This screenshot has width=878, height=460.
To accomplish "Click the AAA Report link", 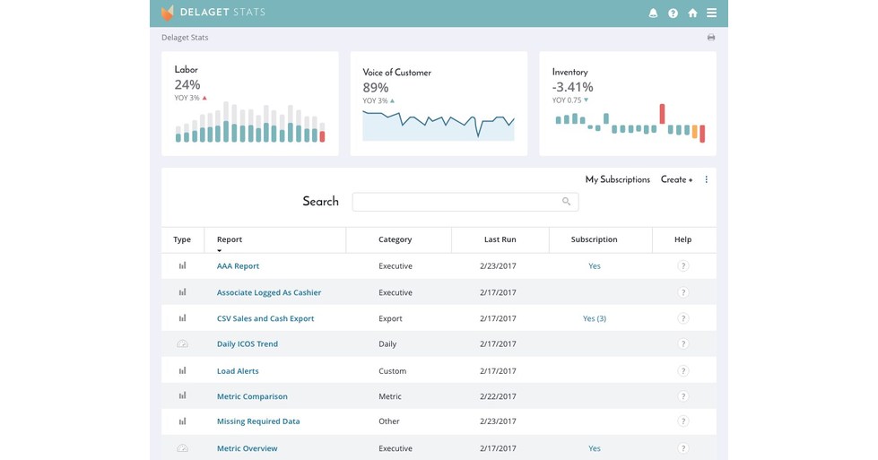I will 238,266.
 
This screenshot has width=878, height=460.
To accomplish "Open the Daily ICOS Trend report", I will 248,344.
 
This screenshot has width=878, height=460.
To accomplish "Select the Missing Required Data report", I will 258,421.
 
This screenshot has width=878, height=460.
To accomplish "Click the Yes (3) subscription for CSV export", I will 595,318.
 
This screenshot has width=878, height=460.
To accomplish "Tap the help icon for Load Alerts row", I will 683,371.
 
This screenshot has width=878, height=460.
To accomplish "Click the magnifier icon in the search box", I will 567,202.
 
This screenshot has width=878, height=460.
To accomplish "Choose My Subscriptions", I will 617,179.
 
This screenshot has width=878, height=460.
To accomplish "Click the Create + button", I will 676,179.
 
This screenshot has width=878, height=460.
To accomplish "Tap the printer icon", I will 711,38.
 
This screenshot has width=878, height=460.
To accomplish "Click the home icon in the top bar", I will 692,13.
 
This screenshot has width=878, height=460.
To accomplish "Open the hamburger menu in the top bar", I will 711,13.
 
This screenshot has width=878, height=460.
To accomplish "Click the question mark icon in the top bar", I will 673,13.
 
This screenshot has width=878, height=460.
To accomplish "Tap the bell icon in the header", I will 653,13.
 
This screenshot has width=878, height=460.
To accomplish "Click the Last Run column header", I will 500,239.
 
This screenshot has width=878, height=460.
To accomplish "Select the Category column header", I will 395,239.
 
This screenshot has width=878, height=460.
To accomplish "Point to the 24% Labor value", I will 187,85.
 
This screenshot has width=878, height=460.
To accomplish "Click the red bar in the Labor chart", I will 323,136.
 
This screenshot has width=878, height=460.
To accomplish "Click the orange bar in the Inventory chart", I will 695,132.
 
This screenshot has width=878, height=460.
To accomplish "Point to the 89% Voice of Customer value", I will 376,88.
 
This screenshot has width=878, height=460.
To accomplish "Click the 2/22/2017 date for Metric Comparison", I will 500,396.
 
